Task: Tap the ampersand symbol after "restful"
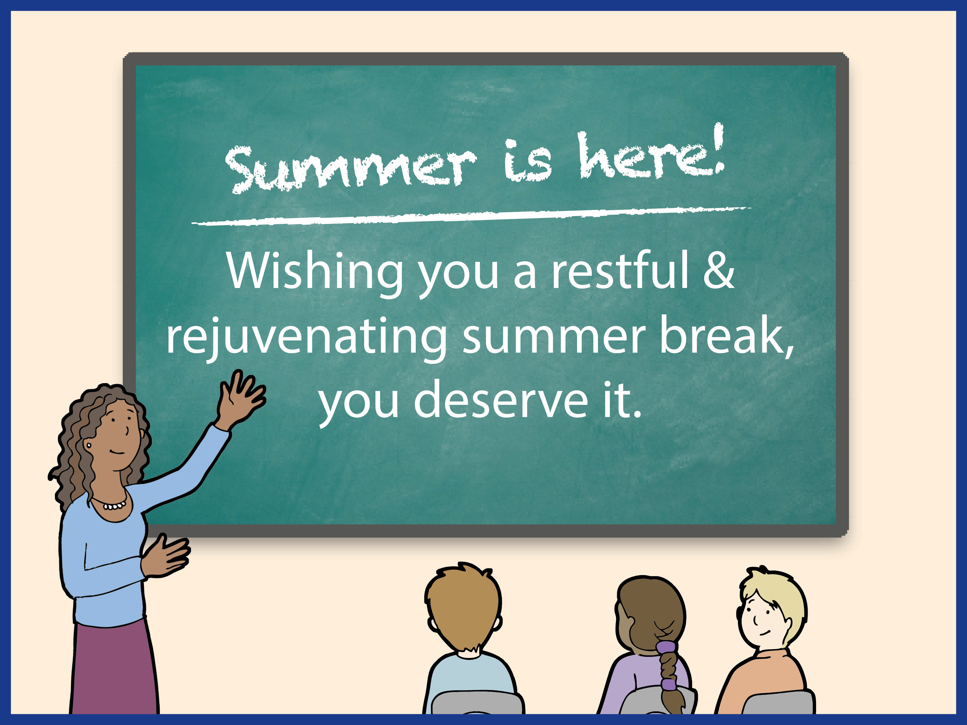pos(718,270)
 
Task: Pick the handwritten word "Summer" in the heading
pos(350,168)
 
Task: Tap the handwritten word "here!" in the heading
pos(651,153)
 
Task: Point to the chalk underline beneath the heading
pos(471,215)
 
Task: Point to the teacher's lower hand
pos(165,556)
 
